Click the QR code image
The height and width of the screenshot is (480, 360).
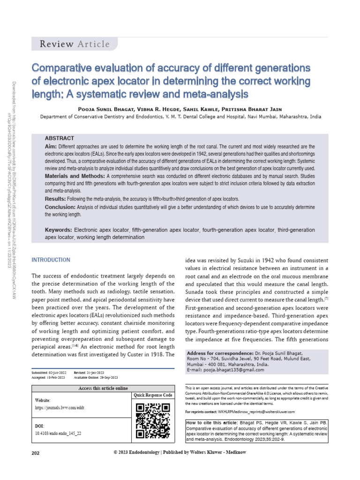(152, 420)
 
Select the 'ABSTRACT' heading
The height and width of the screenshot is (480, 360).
(59, 138)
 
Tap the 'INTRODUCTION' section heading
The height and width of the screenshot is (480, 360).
(51, 260)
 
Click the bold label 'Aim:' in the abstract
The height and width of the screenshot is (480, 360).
(51, 147)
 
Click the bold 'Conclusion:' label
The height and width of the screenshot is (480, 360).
(60, 207)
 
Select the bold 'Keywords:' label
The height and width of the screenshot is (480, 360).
(58, 230)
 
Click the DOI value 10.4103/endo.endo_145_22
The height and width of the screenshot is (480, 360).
(58, 434)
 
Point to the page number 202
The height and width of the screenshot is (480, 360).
(36, 453)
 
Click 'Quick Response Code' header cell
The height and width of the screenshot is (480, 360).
(153, 395)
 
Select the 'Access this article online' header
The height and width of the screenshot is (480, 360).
(102, 389)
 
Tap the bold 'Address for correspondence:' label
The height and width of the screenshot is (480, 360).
(218, 353)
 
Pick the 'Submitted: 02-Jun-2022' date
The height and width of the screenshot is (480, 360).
(49, 372)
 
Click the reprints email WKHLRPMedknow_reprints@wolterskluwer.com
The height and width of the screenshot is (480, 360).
(256, 412)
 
